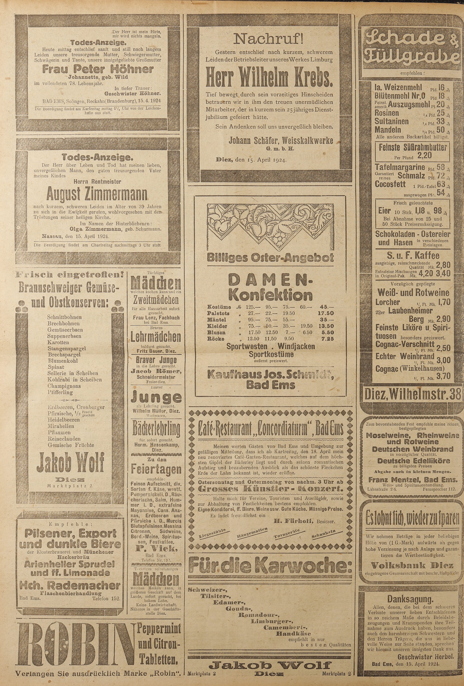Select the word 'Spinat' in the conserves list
point(56,367)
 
